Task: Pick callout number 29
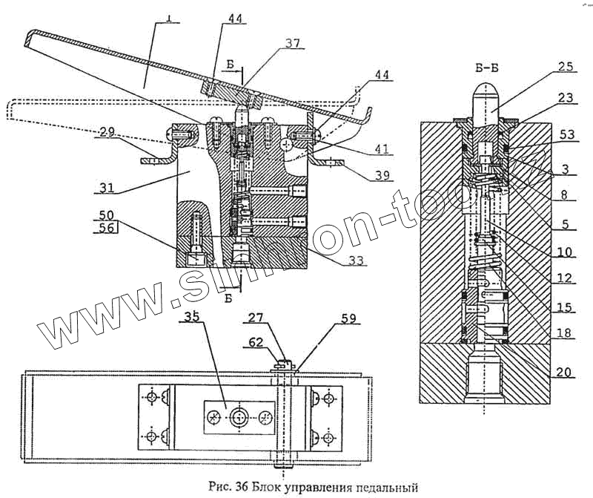[x=105, y=131]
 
